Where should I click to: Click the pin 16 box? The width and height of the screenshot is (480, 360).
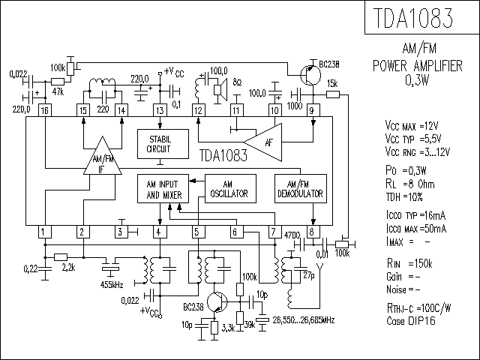(45, 110)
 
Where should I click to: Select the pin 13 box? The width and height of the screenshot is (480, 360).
(160, 110)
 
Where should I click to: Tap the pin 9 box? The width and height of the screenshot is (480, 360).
(313, 110)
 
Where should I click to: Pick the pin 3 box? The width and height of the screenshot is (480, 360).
(121, 232)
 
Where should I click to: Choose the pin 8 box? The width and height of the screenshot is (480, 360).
(313, 232)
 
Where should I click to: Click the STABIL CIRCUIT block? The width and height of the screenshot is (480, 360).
(163, 144)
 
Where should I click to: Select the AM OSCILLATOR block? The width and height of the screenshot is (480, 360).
(230, 188)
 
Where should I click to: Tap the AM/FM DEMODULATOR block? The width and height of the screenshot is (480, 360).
(301, 188)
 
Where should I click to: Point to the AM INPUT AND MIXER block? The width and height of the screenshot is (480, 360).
(163, 188)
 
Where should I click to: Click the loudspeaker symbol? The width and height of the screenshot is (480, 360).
(221, 90)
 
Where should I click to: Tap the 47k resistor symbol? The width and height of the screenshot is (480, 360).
(58, 82)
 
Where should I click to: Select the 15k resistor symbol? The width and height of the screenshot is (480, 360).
(333, 95)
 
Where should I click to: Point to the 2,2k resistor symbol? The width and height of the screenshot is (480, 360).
(61, 257)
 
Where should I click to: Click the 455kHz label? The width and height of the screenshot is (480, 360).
(112, 285)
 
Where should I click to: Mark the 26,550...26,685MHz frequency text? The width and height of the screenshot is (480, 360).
(303, 320)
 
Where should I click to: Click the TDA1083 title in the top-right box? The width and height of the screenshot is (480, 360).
(413, 18)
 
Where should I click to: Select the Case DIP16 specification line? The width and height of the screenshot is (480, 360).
(410, 321)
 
